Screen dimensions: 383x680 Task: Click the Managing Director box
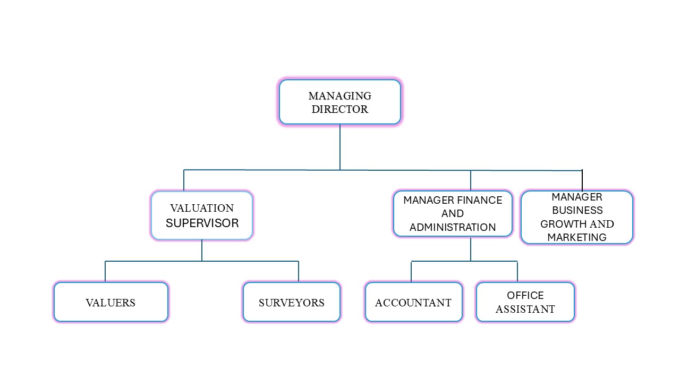tap(340, 102)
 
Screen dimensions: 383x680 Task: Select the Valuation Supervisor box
tap(202, 215)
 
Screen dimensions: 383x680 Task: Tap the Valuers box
tap(111, 302)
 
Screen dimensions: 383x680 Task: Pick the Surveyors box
tap(291, 302)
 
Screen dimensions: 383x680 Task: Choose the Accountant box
tap(413, 302)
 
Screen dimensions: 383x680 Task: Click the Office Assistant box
tap(525, 302)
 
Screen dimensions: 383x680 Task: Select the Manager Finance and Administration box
tap(453, 213)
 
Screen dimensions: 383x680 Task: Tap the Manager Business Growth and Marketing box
tap(577, 217)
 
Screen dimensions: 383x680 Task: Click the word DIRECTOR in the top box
tap(340, 110)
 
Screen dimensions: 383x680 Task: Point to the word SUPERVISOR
tap(202, 223)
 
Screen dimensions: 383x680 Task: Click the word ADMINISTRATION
tap(453, 227)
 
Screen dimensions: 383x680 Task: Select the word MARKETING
tap(577, 237)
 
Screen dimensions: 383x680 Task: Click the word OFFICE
tap(525, 295)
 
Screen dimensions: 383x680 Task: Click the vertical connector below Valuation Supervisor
tap(202, 251)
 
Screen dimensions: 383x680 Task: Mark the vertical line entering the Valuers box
tap(105, 271)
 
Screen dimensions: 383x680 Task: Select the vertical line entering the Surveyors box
tap(299, 271)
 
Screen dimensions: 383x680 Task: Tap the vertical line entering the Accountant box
tap(411, 271)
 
